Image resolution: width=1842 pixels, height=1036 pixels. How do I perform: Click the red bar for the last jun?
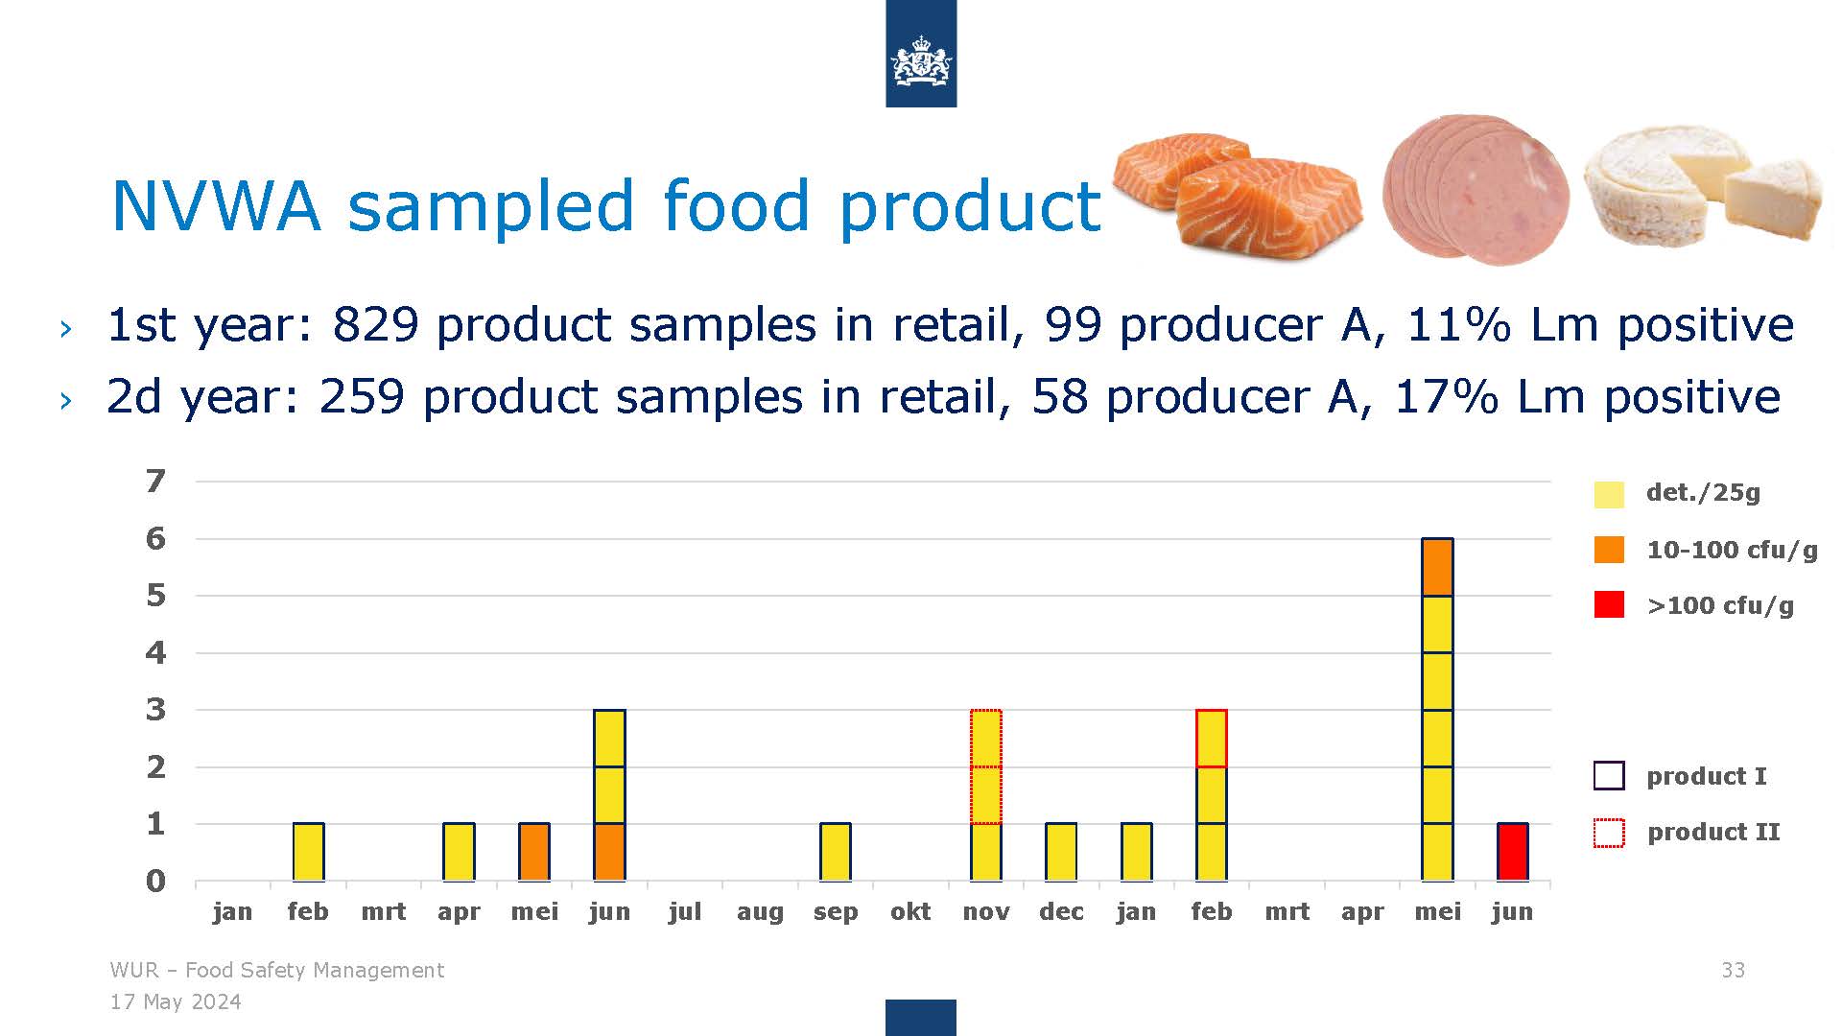(1513, 852)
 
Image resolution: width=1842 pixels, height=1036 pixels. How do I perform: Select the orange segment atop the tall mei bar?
(1437, 567)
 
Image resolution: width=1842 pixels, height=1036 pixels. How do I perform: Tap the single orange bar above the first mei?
(534, 852)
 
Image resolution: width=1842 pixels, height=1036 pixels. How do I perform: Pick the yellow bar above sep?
(836, 852)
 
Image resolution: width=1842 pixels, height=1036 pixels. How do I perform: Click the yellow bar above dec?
(1061, 852)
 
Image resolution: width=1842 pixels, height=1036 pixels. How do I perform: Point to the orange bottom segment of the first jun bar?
(609, 852)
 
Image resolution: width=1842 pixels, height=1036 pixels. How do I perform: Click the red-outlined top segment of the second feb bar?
(1212, 738)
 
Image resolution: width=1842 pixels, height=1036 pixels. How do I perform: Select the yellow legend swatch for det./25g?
(1609, 494)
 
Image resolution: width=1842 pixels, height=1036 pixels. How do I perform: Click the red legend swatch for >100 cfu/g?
(1609, 604)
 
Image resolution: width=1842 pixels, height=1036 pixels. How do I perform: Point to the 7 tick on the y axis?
(155, 481)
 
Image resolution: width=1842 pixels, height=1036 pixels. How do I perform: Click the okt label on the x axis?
(910, 911)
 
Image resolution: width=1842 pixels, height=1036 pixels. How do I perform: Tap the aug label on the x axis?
(760, 913)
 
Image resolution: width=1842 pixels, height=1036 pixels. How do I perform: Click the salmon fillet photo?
(1238, 195)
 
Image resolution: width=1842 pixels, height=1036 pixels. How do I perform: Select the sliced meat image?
(1476, 190)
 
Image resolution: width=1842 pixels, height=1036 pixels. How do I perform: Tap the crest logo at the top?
(921, 60)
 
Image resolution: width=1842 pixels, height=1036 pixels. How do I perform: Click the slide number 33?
(1733, 970)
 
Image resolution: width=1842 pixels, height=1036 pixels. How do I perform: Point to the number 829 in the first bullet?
(375, 324)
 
